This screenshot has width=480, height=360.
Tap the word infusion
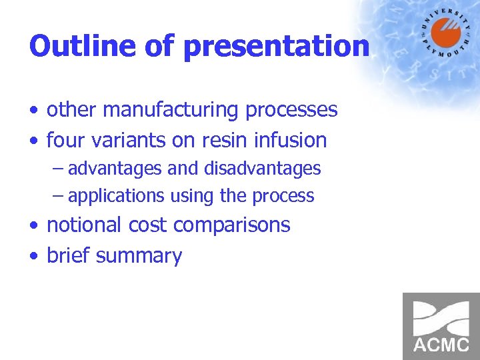tap(294, 141)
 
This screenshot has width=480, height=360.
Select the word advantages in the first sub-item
tap(115, 169)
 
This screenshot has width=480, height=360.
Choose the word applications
tap(116, 197)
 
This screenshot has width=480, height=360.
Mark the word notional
tap(84, 225)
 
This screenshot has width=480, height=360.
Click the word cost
tap(148, 225)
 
